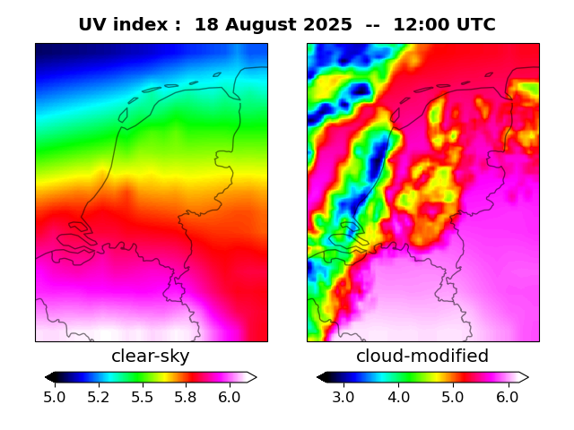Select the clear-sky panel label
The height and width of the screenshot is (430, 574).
(151, 357)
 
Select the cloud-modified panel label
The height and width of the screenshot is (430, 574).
(422, 357)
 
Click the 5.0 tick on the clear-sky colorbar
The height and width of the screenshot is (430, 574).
(55, 397)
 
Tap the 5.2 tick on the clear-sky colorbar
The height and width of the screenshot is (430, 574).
(99, 397)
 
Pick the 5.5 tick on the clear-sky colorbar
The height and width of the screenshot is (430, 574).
(142, 397)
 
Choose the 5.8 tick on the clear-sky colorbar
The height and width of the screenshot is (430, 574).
(186, 397)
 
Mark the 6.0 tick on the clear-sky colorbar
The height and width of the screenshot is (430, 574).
(229, 397)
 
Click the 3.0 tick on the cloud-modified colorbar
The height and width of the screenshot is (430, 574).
(344, 397)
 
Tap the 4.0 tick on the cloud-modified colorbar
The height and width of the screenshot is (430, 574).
(398, 397)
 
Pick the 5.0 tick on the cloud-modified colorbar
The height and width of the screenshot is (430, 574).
(453, 397)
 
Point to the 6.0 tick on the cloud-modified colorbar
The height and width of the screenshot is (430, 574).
(508, 397)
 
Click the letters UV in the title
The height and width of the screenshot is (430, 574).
(92, 25)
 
